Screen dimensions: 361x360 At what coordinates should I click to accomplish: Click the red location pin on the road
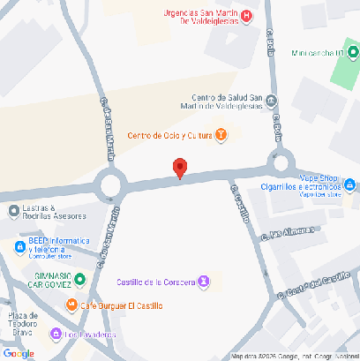pos(180,168)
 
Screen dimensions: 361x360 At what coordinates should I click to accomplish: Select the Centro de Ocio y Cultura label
pos(169,135)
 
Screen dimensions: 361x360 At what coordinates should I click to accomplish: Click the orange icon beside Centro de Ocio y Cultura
pos(221,135)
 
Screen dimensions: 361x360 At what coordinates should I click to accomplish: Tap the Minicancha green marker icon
pos(338,54)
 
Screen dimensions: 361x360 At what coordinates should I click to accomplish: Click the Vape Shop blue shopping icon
pos(350,184)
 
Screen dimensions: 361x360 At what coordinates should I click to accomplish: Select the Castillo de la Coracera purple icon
pos(205,282)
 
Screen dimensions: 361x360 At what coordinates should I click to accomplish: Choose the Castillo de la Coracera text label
pos(156,282)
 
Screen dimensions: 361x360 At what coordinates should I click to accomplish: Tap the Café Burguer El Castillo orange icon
pos(72,305)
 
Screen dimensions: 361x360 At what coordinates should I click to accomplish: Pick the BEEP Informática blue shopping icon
pos(18,247)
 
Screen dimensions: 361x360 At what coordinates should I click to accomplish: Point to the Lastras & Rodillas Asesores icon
pos(13,210)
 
